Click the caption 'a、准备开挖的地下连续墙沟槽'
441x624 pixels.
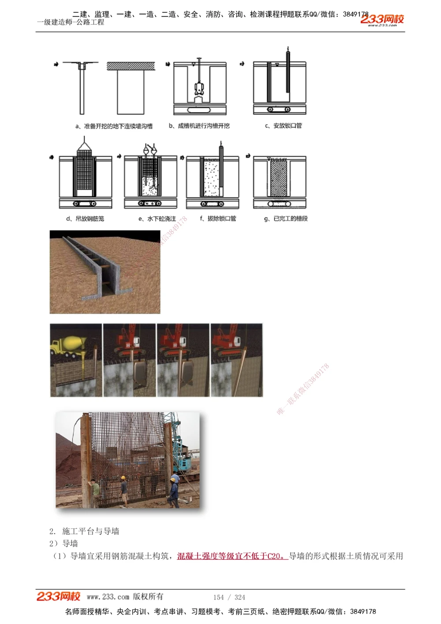[114, 126]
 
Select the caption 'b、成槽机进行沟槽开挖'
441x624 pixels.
[199, 126]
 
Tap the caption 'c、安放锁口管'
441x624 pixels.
[284, 126]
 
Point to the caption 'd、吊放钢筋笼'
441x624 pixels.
[85, 219]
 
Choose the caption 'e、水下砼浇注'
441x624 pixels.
[157, 219]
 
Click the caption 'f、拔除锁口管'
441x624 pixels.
[218, 219]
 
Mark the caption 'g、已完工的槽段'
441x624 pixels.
[286, 219]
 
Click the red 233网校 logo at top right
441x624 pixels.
[382, 19]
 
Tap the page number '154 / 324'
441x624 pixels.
[229, 598]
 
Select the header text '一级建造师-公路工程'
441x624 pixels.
[71, 22]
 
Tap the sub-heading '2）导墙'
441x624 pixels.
[64, 543]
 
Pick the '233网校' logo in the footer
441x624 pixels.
[59, 597]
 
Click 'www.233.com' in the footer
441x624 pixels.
[108, 597]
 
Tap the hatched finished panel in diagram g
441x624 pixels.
[279, 179]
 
